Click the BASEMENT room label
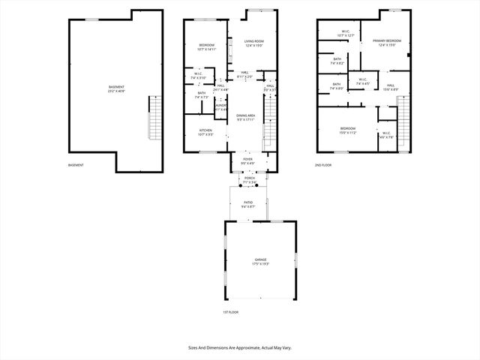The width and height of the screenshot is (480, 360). [x=116, y=88]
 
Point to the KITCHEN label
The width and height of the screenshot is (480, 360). [x=205, y=132]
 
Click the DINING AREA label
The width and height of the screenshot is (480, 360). [x=246, y=117]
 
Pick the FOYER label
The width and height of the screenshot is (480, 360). [x=247, y=160]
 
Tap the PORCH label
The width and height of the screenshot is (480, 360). [x=249, y=179]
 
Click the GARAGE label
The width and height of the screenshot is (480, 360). [x=259, y=261]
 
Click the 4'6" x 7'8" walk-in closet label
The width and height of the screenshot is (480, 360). [x=386, y=135]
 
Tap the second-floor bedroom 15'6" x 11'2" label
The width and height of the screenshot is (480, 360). [x=348, y=130]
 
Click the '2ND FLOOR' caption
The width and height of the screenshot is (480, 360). [x=322, y=165]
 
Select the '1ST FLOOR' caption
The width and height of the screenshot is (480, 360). [x=230, y=312]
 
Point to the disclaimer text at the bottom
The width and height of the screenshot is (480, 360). [x=239, y=348]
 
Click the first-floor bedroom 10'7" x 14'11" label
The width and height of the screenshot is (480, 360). [x=206, y=47]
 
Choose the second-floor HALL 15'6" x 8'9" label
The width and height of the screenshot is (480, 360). [x=391, y=87]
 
